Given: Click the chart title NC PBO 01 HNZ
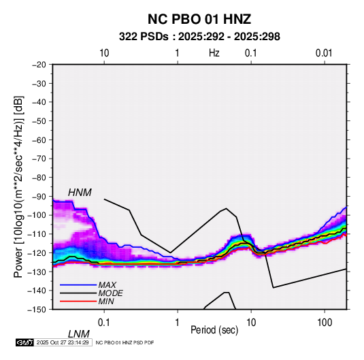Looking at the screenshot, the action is click(x=199, y=19).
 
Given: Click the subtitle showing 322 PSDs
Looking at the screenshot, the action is click(x=199, y=37).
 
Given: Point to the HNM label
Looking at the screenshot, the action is click(x=80, y=193).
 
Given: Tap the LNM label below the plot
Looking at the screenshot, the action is click(x=79, y=334).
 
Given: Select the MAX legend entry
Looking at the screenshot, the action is click(x=107, y=285).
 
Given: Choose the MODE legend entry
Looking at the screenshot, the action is click(x=110, y=293).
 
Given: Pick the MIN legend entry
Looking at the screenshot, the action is click(x=106, y=301).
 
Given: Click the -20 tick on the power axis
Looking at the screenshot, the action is click(x=39, y=65).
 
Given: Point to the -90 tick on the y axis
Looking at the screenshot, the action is click(x=39, y=197).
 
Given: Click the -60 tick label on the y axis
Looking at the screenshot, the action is click(x=39, y=140).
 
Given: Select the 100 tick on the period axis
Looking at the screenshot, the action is click(x=325, y=323).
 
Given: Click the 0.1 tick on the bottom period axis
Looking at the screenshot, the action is click(x=104, y=323).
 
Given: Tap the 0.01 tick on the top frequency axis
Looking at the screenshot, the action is click(x=324, y=53).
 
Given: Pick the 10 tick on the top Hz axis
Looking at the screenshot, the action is click(x=104, y=53).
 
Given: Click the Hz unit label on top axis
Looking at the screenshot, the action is click(x=214, y=53).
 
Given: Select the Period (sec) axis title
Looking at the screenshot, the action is click(x=214, y=330).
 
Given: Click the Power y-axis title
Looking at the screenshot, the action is click(x=19, y=186).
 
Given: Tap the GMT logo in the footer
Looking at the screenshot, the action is click(x=25, y=342).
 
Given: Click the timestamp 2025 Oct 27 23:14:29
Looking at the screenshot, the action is click(x=63, y=342).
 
